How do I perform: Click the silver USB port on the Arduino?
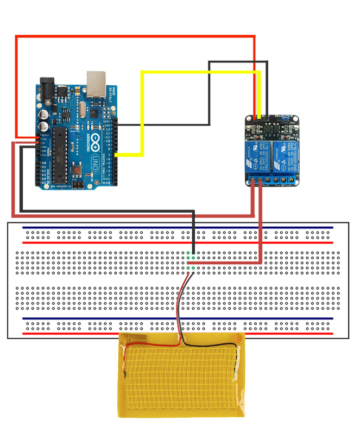coord(96,81)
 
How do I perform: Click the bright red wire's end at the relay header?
coord(256,117)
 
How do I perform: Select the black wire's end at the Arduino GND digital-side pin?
coord(116,125)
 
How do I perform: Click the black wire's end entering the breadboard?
coord(193,254)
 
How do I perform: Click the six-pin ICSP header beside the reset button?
coord(80,185)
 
